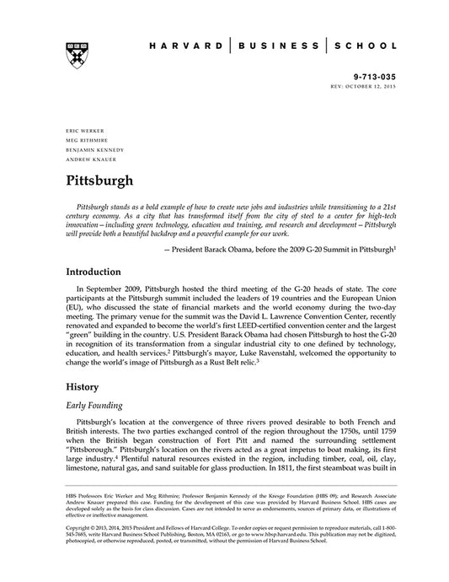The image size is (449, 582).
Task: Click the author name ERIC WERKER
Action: [x=83, y=131]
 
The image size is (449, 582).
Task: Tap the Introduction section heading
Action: [x=99, y=272]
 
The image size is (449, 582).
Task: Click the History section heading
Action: [x=84, y=388]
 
